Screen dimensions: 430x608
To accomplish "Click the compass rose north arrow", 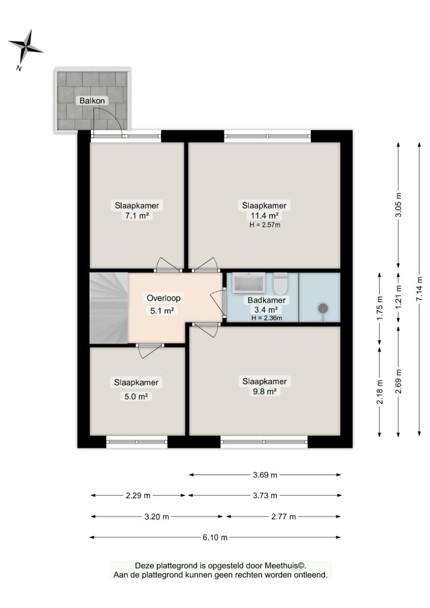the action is click(x=26, y=47).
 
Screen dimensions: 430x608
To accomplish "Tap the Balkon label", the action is click(x=92, y=101).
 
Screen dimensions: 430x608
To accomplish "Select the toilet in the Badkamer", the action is click(x=280, y=283).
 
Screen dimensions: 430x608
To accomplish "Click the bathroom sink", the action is click(x=249, y=283).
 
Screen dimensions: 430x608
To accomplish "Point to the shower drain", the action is click(x=323, y=309).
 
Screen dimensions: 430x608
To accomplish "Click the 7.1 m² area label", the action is click(x=137, y=216).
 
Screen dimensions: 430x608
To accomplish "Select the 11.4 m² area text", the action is click(x=265, y=216).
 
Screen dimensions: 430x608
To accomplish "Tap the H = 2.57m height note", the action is click(x=265, y=225).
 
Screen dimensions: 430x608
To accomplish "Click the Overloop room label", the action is click(x=163, y=298).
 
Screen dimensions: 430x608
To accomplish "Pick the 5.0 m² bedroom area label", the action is click(x=135, y=397).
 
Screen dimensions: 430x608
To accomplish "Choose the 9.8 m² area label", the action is click(x=264, y=392).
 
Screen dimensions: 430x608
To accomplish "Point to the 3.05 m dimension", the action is click(x=398, y=205).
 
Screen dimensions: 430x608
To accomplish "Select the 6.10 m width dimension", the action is click(x=215, y=537).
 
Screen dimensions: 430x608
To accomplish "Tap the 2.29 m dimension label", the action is click(x=138, y=496).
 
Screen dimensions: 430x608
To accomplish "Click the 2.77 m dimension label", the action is click(x=283, y=517).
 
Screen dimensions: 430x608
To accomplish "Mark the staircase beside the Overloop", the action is click(x=109, y=308).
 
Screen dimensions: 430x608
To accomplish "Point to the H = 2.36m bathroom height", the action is click(x=267, y=318).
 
